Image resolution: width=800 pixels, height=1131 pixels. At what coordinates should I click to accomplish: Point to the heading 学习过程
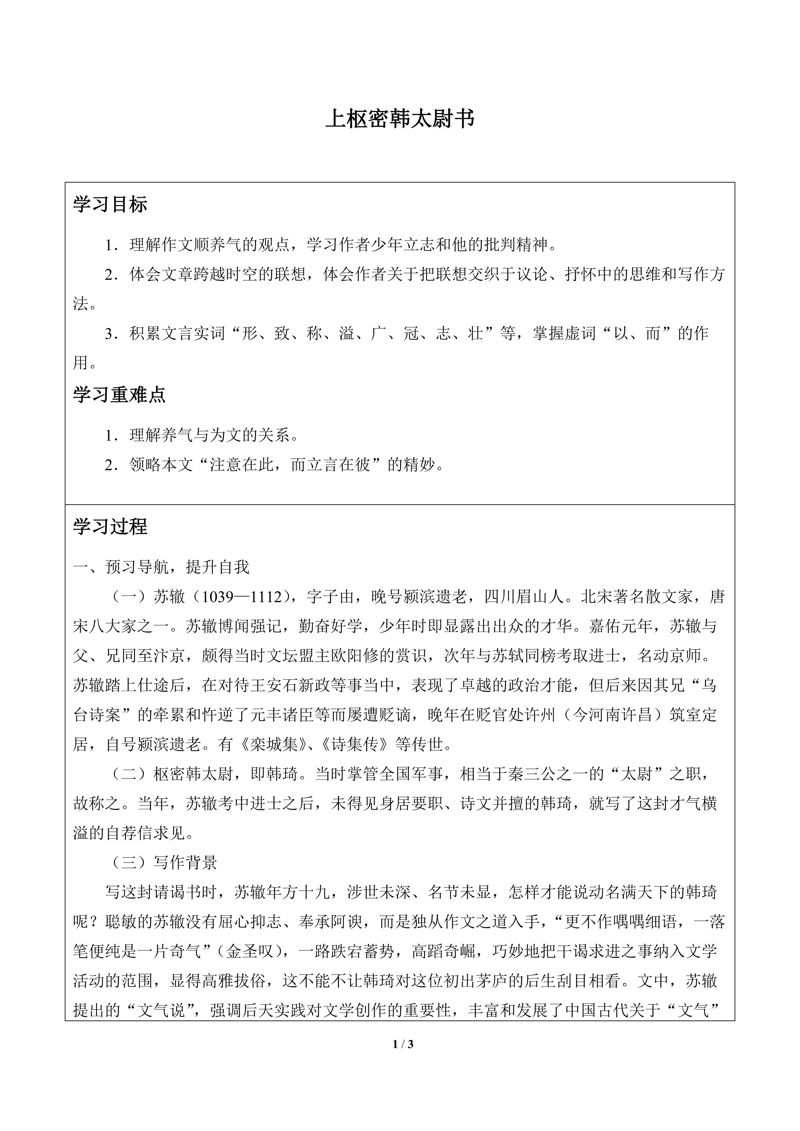click(x=110, y=527)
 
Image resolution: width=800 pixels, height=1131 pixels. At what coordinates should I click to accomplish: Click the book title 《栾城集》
click(x=270, y=744)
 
